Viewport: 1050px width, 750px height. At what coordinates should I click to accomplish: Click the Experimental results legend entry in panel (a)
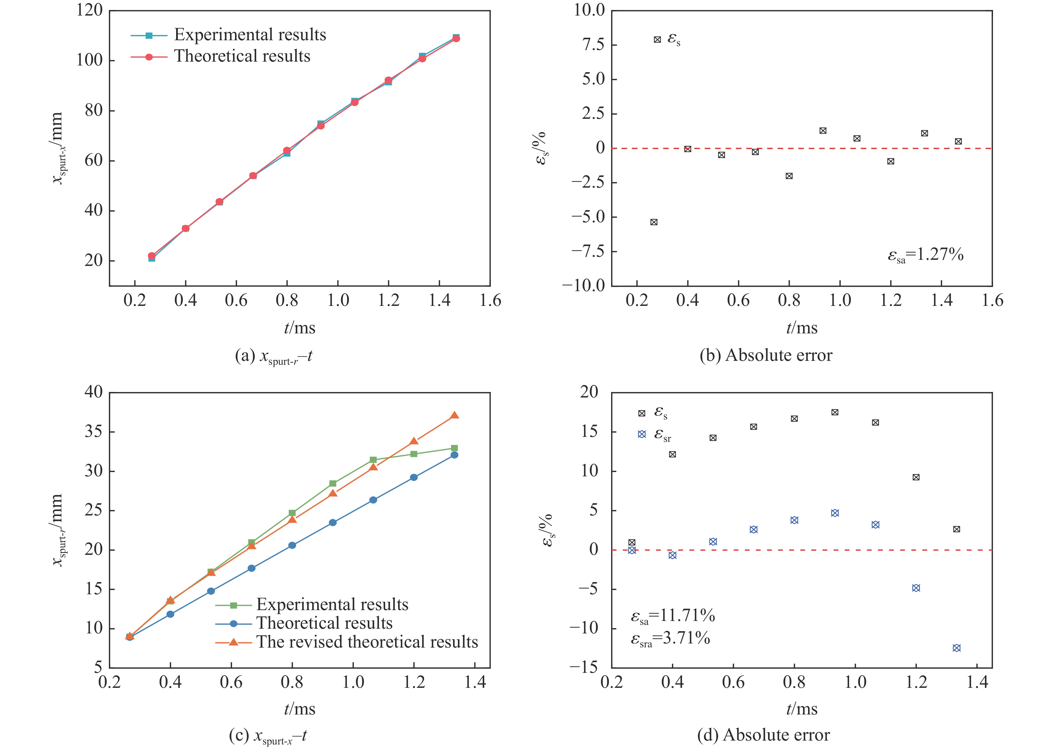pos(249,35)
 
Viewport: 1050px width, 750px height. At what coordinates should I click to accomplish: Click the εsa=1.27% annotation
pos(925,255)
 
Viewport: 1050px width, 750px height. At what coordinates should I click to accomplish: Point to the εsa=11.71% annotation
pos(673,616)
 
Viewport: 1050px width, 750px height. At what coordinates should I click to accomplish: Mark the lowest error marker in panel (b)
pos(654,222)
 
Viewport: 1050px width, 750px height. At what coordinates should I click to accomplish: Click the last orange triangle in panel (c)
pos(454,416)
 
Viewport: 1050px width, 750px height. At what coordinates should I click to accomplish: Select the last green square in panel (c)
pos(454,448)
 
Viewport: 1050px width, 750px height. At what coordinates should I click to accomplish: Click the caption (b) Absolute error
pos(766,355)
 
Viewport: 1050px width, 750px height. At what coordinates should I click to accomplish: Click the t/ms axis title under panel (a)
pos(299,328)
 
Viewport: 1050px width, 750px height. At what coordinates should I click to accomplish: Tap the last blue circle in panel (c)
pos(454,455)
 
